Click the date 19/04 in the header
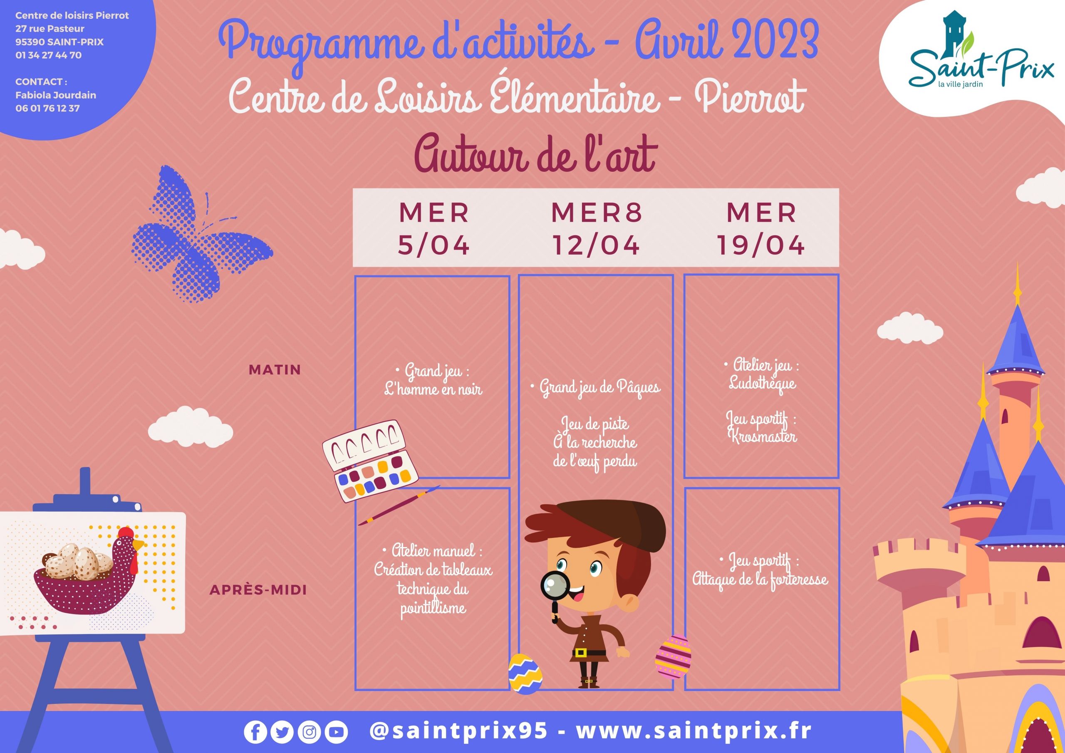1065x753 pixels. click(761, 245)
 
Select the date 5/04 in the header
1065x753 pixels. click(434, 245)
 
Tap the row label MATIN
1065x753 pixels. click(275, 370)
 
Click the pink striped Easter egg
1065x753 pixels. click(673, 656)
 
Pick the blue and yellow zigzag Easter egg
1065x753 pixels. click(525, 674)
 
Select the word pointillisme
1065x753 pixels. click(433, 608)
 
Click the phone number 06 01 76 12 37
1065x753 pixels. click(47, 108)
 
